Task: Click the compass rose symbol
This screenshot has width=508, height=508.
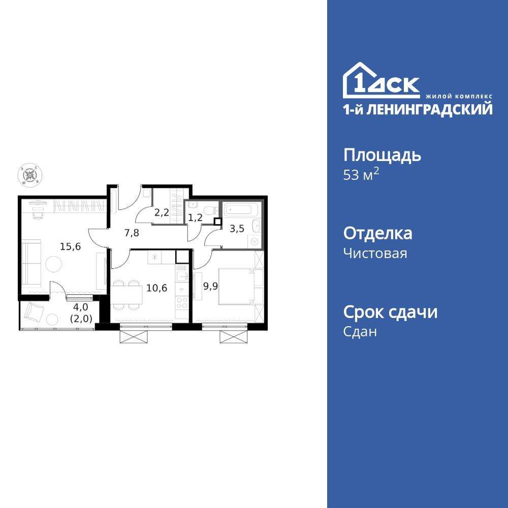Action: [x=30, y=175]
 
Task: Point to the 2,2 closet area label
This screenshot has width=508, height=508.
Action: [x=162, y=213]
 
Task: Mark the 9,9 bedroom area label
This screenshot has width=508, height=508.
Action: [x=210, y=285]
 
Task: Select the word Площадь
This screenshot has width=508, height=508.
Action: [x=382, y=155]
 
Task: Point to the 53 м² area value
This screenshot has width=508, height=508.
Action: [x=361, y=176]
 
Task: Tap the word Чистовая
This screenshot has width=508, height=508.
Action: [x=375, y=253]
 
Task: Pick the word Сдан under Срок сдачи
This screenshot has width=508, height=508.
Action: [x=360, y=332]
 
